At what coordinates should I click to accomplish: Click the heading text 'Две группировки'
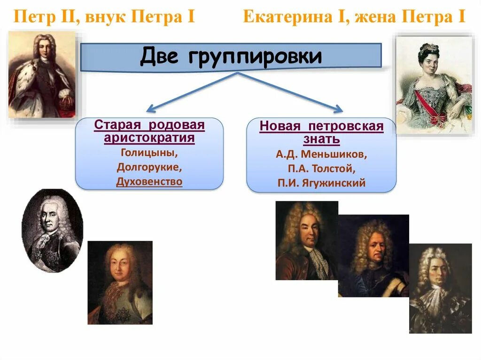click(x=231, y=57)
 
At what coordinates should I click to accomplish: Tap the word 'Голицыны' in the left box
click(x=149, y=152)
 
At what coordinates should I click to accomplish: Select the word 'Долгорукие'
click(x=149, y=167)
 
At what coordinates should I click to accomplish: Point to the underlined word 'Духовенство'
click(x=149, y=182)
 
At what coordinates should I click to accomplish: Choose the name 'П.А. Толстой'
click(x=321, y=168)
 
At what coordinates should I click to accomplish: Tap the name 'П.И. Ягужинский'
click(x=321, y=183)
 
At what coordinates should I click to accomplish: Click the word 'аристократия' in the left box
click(x=149, y=138)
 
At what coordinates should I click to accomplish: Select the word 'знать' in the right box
click(x=322, y=139)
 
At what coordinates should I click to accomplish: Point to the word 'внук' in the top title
click(x=106, y=18)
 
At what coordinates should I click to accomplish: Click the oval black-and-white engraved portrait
click(x=52, y=230)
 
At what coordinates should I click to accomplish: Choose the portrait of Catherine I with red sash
click(x=433, y=85)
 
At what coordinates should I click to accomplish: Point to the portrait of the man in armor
click(x=373, y=256)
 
